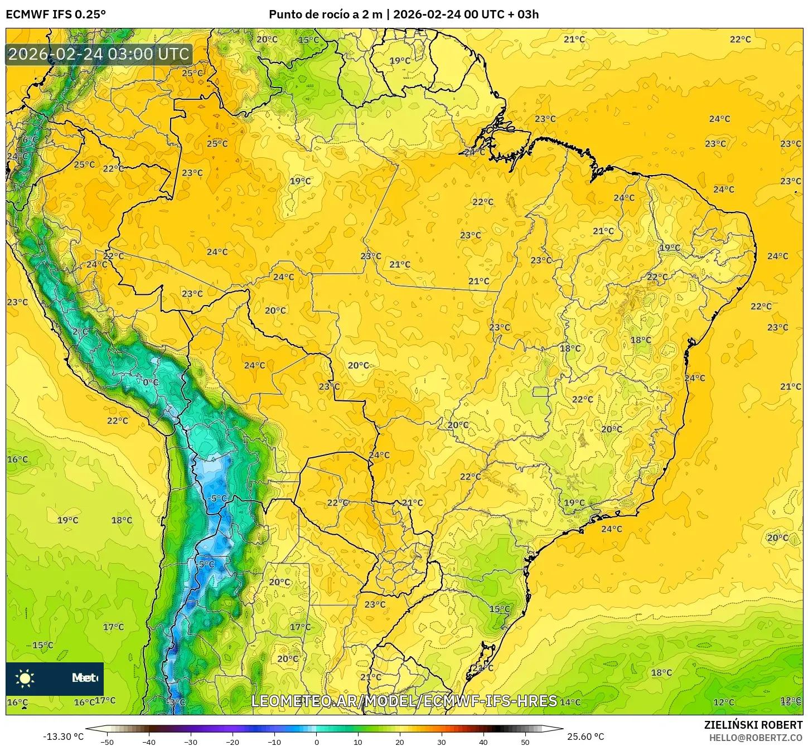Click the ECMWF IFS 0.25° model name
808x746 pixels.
tap(56, 14)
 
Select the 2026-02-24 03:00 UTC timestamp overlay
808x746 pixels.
tap(99, 54)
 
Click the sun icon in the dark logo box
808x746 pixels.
tap(25, 678)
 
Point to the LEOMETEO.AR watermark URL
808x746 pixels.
tap(404, 701)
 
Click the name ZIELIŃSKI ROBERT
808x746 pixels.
tap(753, 725)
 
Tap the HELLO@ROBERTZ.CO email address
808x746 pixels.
tap(756, 738)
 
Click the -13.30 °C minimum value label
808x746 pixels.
tap(63, 737)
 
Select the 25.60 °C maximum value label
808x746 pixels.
tap(585, 737)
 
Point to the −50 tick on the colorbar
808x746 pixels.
tap(107, 742)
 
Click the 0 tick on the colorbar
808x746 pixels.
tap(316, 742)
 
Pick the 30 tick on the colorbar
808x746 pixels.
tap(442, 742)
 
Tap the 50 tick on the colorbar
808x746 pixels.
tap(525, 742)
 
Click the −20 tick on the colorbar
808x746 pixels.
tap(232, 742)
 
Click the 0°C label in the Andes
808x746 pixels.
tap(151, 382)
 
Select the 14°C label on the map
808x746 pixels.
tap(570, 702)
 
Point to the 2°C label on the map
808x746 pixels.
tap(80, 332)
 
